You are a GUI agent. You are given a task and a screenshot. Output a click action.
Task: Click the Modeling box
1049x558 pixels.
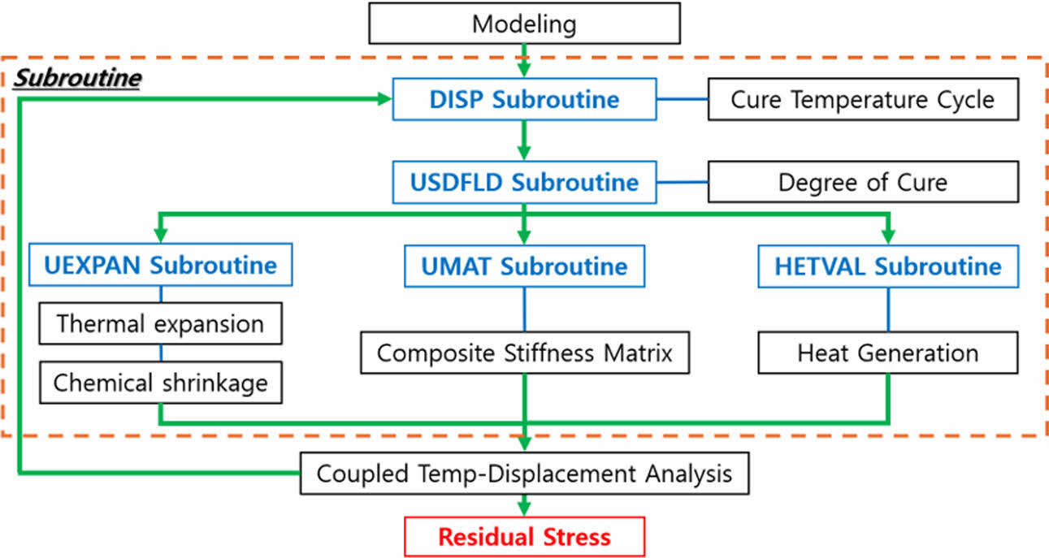(x=524, y=23)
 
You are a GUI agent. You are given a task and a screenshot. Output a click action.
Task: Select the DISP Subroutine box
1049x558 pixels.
(x=523, y=100)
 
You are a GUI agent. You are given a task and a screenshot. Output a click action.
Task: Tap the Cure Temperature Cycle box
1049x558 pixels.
(x=863, y=100)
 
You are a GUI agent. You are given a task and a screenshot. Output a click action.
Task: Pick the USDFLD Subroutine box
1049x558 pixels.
(x=523, y=182)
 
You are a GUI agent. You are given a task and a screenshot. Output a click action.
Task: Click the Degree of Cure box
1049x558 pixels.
(x=863, y=181)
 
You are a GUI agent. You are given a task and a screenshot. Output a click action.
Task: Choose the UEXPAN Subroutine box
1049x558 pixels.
(x=159, y=265)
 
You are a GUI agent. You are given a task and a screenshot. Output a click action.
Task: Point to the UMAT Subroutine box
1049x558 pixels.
(x=524, y=266)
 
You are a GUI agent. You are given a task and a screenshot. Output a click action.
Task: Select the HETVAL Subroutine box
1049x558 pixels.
(x=887, y=266)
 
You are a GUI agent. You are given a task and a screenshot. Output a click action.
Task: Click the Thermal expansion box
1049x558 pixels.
(x=160, y=324)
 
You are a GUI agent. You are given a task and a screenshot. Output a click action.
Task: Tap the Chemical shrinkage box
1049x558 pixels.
(x=160, y=383)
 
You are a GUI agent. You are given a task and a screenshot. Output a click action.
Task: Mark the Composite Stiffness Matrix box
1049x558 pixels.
(x=525, y=353)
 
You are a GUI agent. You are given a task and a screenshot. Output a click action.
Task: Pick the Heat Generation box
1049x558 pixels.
(x=887, y=353)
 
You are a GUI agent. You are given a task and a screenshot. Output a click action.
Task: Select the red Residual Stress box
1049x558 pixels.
(x=524, y=537)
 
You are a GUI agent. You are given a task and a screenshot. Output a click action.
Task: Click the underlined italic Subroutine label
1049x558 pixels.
(x=78, y=79)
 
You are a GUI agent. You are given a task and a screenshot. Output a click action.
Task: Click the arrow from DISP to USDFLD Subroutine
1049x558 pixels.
(x=524, y=141)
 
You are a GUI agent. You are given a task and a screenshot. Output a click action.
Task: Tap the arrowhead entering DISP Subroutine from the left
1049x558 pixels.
(x=383, y=100)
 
